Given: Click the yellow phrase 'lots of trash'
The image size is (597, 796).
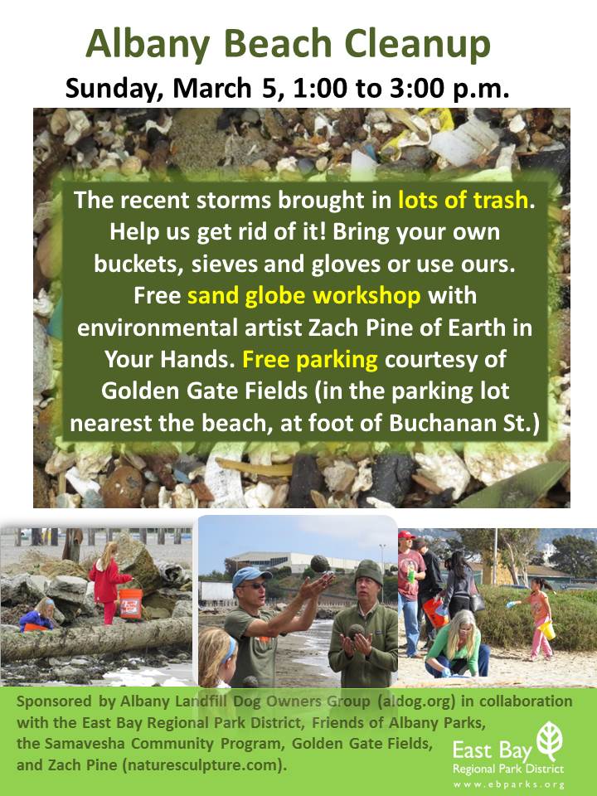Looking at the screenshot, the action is (463, 200).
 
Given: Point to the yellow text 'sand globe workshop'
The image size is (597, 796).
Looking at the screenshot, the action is (304, 296).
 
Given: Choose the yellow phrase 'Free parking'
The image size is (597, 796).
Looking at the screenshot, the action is (309, 360).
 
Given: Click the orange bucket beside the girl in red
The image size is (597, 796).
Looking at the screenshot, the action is (130, 603).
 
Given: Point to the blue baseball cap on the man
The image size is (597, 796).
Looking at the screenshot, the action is (250, 577).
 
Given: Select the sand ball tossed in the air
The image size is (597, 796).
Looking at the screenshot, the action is (320, 565).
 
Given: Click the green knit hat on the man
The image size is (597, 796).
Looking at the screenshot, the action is (369, 572).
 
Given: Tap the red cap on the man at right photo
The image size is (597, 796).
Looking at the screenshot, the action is (405, 535).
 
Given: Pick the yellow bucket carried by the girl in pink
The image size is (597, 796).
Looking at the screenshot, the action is (546, 629).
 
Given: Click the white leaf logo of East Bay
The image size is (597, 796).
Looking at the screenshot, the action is (550, 741).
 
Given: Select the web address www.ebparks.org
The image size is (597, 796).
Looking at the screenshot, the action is (508, 785).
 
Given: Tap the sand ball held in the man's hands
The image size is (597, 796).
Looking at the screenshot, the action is (357, 632).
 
